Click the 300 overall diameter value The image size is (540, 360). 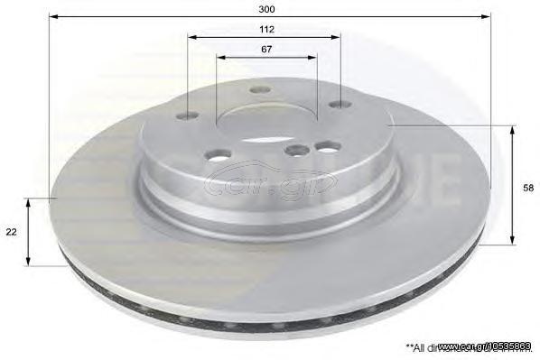pos(266,8)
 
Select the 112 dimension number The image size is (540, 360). pos(265,29)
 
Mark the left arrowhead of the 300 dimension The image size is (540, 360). pos(53,16)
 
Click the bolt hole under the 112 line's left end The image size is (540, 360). pos(188,115)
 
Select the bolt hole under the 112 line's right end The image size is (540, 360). pos(340,106)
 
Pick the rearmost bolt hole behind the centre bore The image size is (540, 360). pos(260,89)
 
